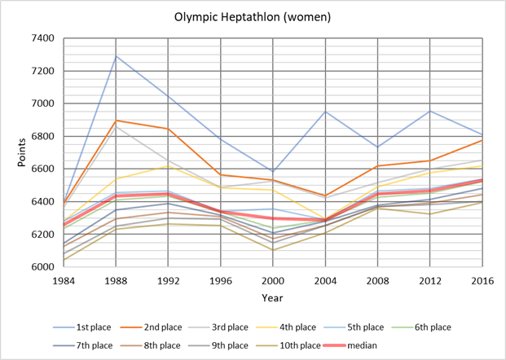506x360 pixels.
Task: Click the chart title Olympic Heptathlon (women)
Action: click(x=253, y=15)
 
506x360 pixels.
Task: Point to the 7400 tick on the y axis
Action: click(x=41, y=38)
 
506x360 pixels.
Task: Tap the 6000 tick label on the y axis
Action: click(x=41, y=267)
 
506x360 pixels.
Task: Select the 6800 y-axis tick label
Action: click(x=41, y=136)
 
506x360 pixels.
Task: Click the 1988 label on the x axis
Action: click(x=116, y=279)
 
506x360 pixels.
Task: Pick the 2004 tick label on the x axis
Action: click(x=326, y=279)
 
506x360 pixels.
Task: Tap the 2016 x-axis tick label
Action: click(x=483, y=279)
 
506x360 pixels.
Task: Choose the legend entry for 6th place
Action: click(x=413, y=327)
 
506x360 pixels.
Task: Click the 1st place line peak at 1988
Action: click(x=116, y=56)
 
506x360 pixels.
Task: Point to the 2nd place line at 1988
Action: click(x=116, y=121)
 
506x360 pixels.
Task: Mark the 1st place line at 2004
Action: click(x=326, y=112)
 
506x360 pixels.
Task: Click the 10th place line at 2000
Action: click(x=273, y=249)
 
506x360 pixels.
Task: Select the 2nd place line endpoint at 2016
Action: click(x=483, y=140)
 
